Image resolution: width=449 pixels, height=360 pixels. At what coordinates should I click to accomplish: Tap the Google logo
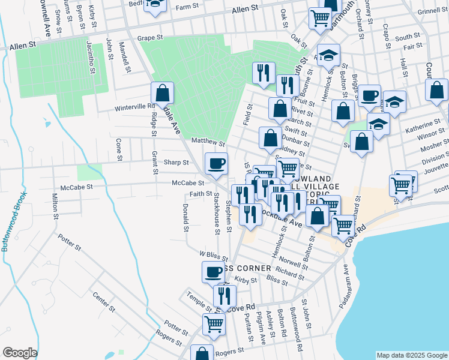20,353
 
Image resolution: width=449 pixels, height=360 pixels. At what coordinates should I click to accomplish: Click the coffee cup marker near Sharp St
216,162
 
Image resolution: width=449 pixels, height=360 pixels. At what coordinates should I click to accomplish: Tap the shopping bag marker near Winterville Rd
162,93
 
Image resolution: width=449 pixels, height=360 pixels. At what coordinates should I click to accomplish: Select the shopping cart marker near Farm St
320,18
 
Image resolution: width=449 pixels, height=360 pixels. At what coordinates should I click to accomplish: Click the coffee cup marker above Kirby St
212,272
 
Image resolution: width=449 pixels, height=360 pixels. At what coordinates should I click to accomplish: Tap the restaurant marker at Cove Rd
224,295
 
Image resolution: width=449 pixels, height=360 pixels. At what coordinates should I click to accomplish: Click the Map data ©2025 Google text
411,355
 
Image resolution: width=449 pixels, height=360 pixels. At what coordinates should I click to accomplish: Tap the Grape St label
150,37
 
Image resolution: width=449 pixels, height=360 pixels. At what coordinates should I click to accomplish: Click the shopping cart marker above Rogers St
214,324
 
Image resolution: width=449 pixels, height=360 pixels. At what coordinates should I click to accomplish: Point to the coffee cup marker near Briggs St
370,94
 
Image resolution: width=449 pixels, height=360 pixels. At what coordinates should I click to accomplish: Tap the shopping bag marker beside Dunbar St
270,137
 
